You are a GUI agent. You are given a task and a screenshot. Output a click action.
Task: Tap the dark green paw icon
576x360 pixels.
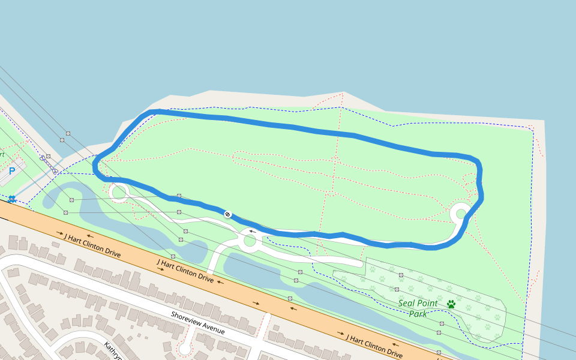click(x=451, y=304)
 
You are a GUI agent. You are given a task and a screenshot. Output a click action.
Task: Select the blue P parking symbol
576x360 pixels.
click(x=11, y=172)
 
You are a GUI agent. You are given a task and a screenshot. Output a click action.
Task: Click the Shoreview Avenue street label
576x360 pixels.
click(x=197, y=323)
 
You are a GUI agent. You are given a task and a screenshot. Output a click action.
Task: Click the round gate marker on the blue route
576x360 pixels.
click(x=227, y=214)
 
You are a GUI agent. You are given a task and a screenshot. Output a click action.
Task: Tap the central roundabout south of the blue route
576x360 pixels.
click(x=249, y=241)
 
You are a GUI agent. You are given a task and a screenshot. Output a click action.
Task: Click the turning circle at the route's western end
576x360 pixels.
click(x=118, y=193)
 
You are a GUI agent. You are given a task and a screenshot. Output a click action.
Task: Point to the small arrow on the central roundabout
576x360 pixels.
click(x=253, y=231)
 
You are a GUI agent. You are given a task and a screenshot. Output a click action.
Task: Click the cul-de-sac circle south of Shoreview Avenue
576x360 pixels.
click(x=185, y=347)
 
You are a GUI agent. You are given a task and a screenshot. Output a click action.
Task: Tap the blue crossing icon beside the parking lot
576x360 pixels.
click(x=11, y=199)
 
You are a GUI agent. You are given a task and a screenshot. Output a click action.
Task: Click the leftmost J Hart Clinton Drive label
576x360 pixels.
click(x=92, y=245)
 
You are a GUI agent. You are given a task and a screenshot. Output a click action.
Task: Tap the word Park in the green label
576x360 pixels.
click(x=418, y=313)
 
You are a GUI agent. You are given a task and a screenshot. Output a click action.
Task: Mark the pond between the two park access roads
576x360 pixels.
click(x=252, y=270)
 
